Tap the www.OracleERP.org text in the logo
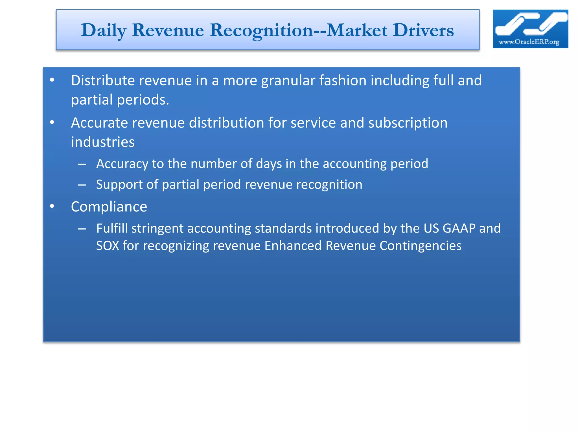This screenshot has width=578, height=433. click(x=529, y=42)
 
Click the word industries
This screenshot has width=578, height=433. click(x=103, y=142)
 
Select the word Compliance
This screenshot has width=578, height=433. click(x=109, y=207)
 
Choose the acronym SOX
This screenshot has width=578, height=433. click(x=108, y=246)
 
